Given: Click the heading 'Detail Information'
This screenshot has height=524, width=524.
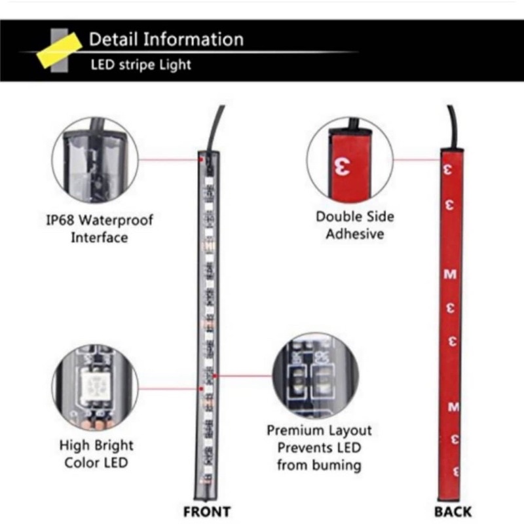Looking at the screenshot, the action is point(166,39).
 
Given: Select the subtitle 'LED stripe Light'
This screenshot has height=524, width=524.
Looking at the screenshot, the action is point(141,64).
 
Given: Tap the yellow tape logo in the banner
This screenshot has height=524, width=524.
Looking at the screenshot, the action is point(60,50).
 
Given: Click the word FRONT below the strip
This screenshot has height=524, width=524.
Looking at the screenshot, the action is point(207,512).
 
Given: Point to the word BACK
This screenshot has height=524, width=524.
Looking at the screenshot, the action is point(453,512).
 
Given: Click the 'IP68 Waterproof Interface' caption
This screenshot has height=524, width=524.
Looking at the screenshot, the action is point(100,229).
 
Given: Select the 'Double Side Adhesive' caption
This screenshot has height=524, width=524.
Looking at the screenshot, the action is point(355,225).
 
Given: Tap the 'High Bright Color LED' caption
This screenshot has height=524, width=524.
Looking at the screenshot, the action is point(96,454).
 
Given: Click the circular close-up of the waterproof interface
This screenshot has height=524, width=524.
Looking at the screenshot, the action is point(95,160).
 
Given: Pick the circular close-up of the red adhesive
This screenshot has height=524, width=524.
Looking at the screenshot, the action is point(350,160).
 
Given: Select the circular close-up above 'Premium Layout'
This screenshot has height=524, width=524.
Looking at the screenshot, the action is point(316,375).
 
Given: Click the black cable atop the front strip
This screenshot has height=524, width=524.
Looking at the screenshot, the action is point(214,128).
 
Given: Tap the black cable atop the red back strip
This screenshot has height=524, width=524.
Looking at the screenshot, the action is point(453,127).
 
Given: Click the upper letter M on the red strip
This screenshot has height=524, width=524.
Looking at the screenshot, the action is point(450,274).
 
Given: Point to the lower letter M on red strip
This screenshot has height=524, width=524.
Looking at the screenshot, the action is point(453,407).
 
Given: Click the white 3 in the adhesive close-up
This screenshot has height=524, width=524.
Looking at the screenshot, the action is point(343,166).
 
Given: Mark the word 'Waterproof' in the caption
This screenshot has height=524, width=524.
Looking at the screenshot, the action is point(116,221).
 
